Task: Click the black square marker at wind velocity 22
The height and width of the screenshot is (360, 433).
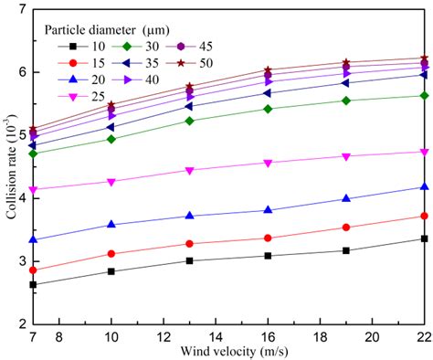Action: pyautogui.click(x=424, y=238)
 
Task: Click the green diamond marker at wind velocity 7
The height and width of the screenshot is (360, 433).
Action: pyautogui.click(x=33, y=154)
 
